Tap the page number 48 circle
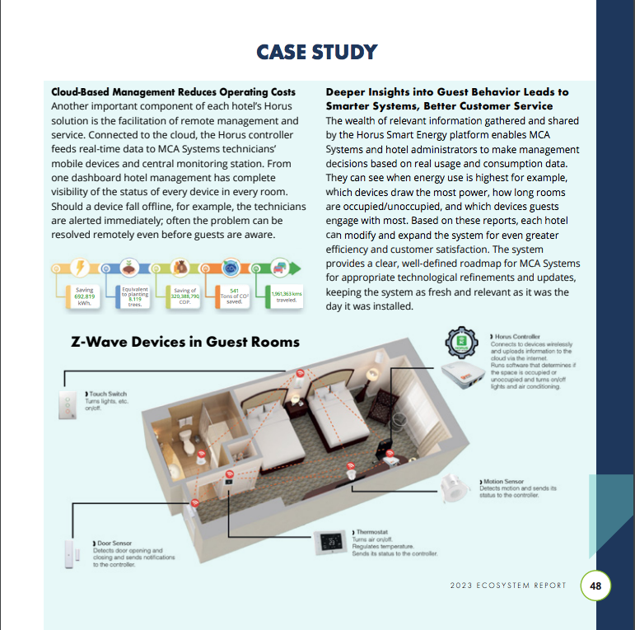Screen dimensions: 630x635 coord(595,586)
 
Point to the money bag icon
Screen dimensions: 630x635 coord(180,268)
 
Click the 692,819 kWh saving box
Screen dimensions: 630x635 coord(84,295)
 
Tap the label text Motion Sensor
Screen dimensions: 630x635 coord(503,481)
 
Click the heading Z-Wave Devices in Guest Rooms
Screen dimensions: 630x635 coord(185,341)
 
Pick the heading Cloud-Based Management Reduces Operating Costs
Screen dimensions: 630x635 coord(173,91)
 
